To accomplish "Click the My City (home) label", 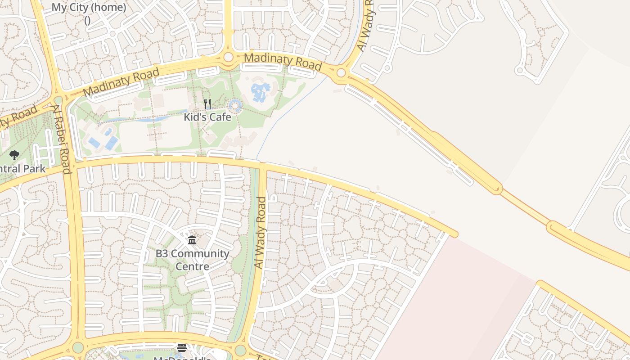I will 89,8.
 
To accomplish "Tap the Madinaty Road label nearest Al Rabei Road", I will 121,81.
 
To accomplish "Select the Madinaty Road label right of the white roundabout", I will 283,61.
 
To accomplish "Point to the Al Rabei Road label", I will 61,139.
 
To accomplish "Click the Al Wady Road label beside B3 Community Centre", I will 260,233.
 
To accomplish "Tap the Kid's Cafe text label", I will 207,117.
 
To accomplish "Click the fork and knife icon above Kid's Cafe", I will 207,104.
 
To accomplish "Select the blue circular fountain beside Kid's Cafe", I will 235,107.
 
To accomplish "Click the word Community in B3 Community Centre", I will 200,253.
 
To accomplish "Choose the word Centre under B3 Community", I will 192,266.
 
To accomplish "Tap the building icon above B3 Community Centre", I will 192,240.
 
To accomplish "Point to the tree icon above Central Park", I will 14,156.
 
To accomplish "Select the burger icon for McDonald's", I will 182,347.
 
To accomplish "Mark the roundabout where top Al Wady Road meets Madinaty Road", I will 341,72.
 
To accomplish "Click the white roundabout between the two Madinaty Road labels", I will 229,57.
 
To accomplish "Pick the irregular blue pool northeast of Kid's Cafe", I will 260,91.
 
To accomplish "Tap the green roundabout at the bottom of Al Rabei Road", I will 78,347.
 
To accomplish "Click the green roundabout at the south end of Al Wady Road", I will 241,350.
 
